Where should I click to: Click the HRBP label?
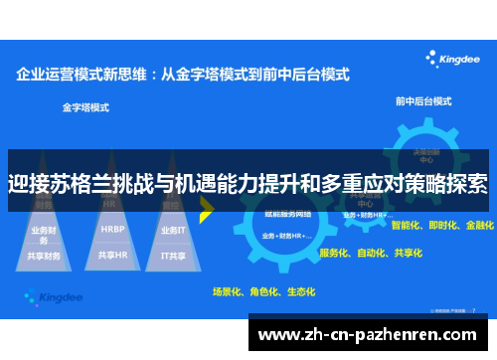pyautogui.click(x=111, y=228)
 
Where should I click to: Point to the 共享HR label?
pyautogui.click(x=111, y=255)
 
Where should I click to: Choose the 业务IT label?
pyautogui.click(x=174, y=229)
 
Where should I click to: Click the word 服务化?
pyautogui.click(x=334, y=253)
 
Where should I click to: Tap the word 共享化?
pyautogui.click(x=410, y=253)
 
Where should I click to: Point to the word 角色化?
pyautogui.click(x=263, y=292)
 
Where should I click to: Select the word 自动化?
pyautogui.click(x=372, y=253)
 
